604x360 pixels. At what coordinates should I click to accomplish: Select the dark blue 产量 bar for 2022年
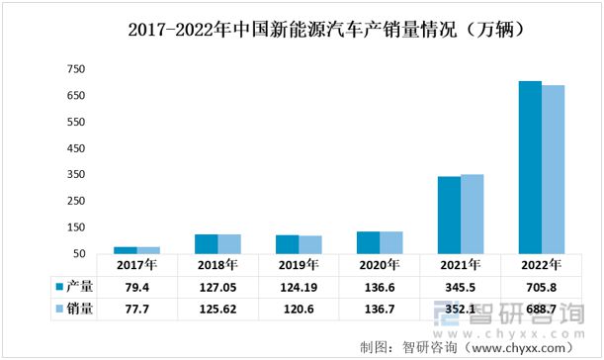tap(530, 167)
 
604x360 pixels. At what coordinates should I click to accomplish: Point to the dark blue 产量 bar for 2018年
tap(207, 243)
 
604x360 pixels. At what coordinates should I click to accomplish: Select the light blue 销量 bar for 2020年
tap(391, 242)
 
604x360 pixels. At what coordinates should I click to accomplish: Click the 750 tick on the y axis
tap(75, 69)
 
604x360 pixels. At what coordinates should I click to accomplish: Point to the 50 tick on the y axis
tap(78, 253)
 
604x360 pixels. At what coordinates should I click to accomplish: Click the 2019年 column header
tap(299, 266)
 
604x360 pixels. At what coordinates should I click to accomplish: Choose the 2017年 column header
tap(136, 266)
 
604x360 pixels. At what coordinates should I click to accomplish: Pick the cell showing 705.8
tap(541, 287)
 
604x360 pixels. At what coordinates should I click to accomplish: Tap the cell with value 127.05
tap(217, 287)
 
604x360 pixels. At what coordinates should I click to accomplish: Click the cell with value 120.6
tap(299, 309)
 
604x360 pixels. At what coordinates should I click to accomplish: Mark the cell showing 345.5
tap(460, 287)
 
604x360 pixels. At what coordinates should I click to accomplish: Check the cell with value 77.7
tap(136, 309)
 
